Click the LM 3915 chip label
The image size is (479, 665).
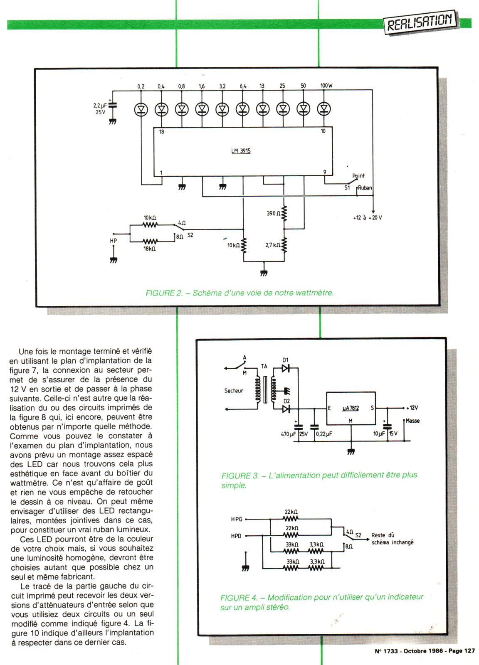tap(241, 151)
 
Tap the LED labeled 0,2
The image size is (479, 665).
tap(141, 109)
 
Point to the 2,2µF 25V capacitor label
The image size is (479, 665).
tap(100, 109)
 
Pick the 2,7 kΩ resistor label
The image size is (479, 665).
tap(272, 245)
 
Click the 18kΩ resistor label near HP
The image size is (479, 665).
tap(149, 249)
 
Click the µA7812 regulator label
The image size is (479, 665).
tap(351, 408)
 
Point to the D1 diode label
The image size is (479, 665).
tap(285, 360)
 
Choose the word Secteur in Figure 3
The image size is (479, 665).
tap(234, 391)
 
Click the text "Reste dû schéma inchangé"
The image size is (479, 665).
tap(392, 539)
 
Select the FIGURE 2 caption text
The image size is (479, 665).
tap(239, 293)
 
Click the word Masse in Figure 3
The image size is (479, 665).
tap(412, 421)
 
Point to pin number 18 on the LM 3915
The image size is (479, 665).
tap(161, 132)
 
